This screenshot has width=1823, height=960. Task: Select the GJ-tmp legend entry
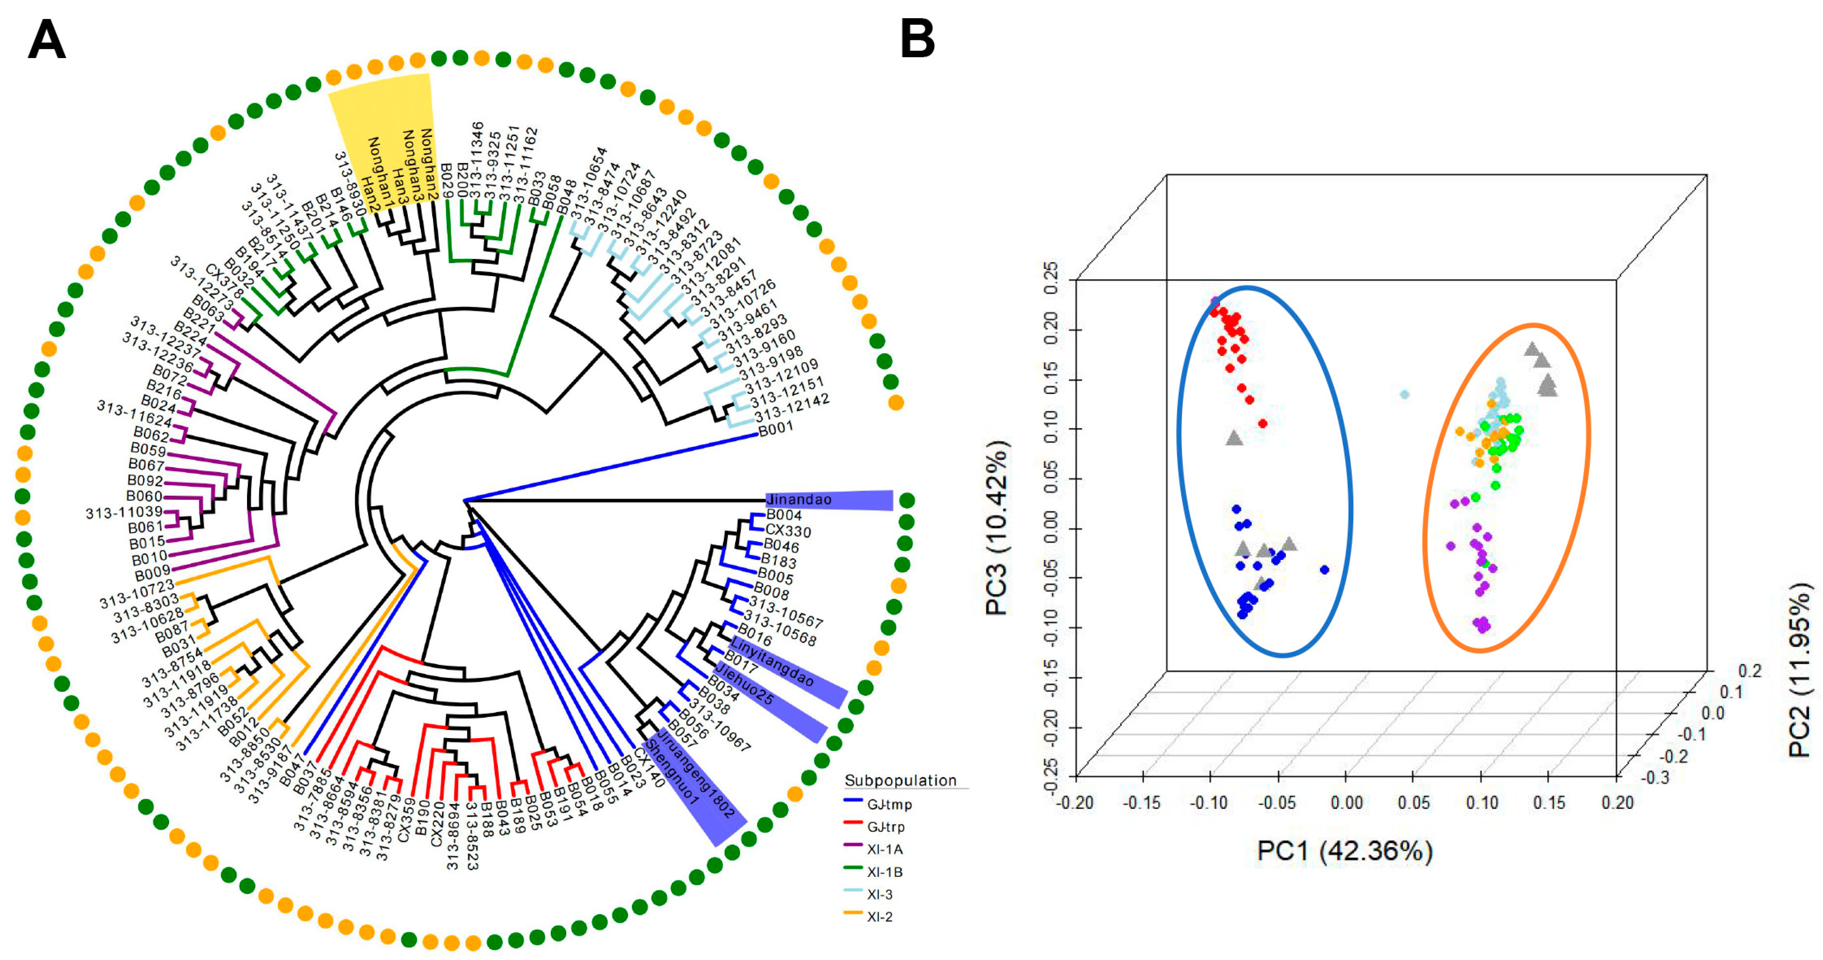889,804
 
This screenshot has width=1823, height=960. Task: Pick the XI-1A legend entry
885,849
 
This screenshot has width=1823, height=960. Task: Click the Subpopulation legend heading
900,780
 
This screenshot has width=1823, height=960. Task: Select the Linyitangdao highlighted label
772,661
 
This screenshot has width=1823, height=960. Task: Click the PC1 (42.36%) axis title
1344,850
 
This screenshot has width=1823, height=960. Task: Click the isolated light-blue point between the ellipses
1405,394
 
